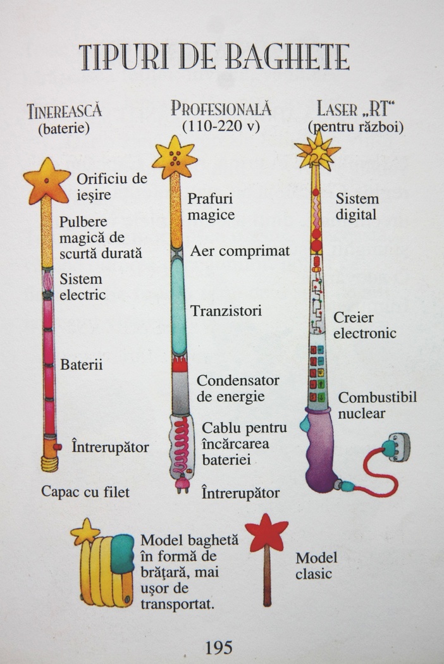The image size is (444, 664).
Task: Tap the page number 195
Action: [219, 647]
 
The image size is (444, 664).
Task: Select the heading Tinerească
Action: [65, 111]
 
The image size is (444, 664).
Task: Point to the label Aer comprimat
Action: [240, 250]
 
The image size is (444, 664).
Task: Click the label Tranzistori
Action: [226, 311]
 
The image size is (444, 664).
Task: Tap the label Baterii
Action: [82, 365]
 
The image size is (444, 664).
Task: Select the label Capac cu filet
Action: [85, 491]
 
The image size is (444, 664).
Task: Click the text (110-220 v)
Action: [221, 126]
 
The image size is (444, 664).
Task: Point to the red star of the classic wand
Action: [266, 532]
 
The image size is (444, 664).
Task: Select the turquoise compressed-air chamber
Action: [179, 306]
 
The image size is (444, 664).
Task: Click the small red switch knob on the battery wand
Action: [58, 446]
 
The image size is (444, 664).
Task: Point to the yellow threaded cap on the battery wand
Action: [49, 464]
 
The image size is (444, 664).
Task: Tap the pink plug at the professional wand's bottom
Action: [183, 484]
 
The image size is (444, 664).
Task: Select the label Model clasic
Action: [316, 565]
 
